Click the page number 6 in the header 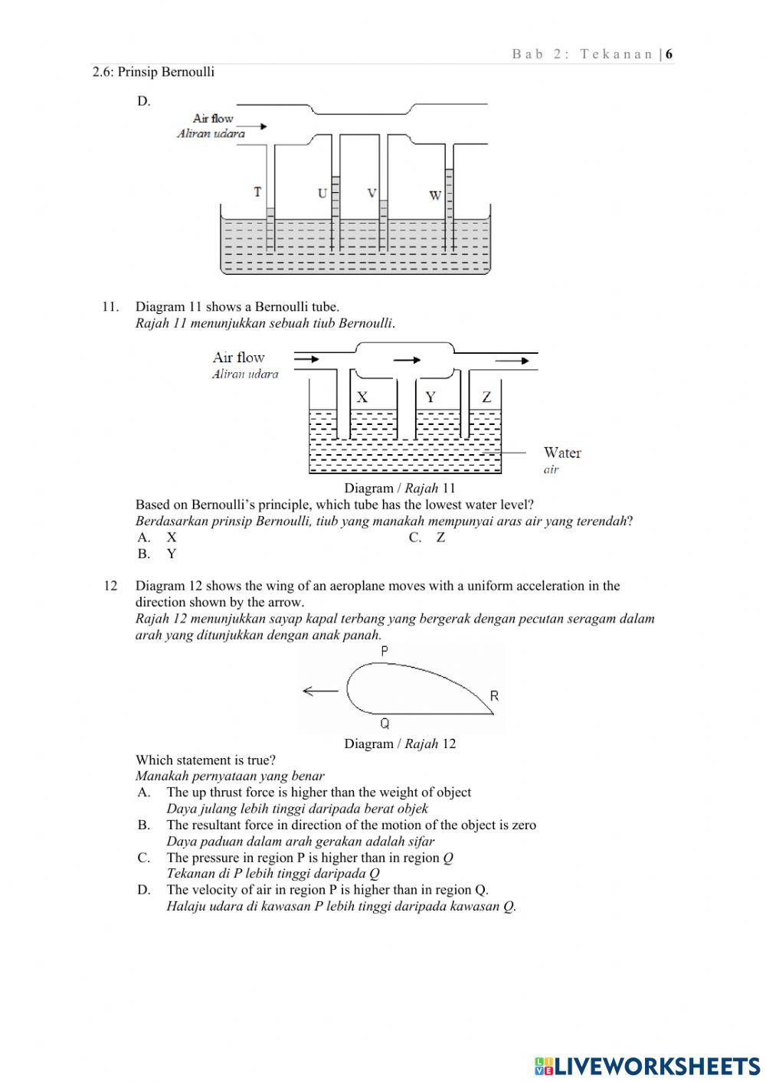pos(669,54)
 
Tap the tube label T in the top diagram pos(258,192)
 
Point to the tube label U pos(322,193)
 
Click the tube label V pos(372,193)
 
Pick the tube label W pos(434,195)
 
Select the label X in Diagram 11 pos(362,397)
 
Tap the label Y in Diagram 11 pos(430,397)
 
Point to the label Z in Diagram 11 pos(486,397)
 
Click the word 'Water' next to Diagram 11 pos(562,453)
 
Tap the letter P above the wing pos(385,651)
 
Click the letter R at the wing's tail pos(494,695)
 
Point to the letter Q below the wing pos(385,723)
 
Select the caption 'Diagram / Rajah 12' pos(400,744)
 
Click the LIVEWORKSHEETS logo pos(647,1065)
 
